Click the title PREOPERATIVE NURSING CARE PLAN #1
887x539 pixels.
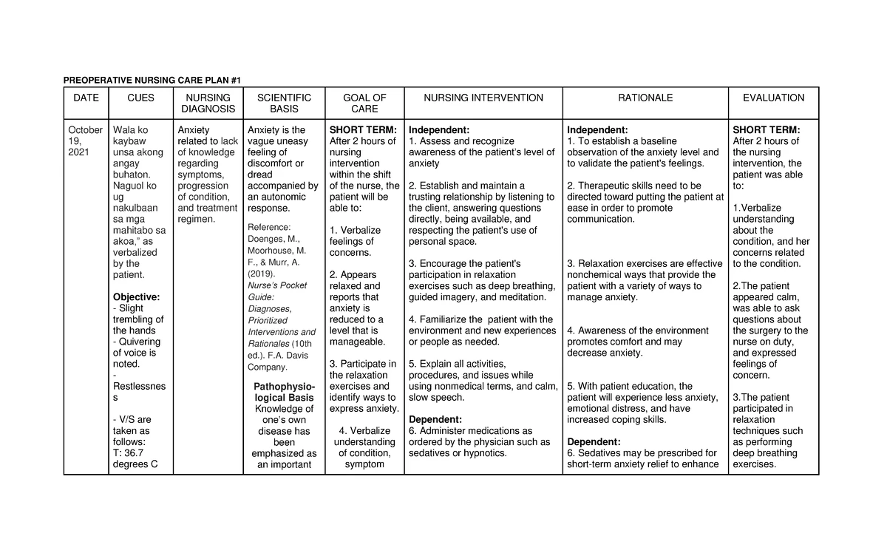click(x=152, y=80)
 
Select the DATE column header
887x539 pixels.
click(x=86, y=98)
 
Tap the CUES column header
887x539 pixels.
click(x=140, y=98)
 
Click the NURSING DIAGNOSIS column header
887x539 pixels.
click(x=208, y=104)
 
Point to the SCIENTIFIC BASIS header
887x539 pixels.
click(x=284, y=104)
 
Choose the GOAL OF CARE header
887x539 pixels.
click(x=364, y=104)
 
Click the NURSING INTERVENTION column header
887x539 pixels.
click(x=483, y=98)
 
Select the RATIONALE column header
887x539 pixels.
click(x=645, y=98)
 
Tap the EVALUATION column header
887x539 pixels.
click(x=773, y=98)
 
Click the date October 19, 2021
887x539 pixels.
click(x=85, y=141)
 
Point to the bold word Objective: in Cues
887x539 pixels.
click(x=135, y=297)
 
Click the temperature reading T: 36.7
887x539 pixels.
click(x=129, y=453)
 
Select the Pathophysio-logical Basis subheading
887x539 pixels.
click(x=284, y=392)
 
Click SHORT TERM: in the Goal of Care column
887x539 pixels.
click(x=363, y=130)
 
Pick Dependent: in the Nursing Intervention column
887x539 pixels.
click(x=435, y=420)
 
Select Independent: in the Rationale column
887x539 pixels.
click(x=597, y=130)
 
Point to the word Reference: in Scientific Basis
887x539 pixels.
click(x=270, y=227)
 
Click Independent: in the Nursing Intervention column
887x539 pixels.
click(x=439, y=130)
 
